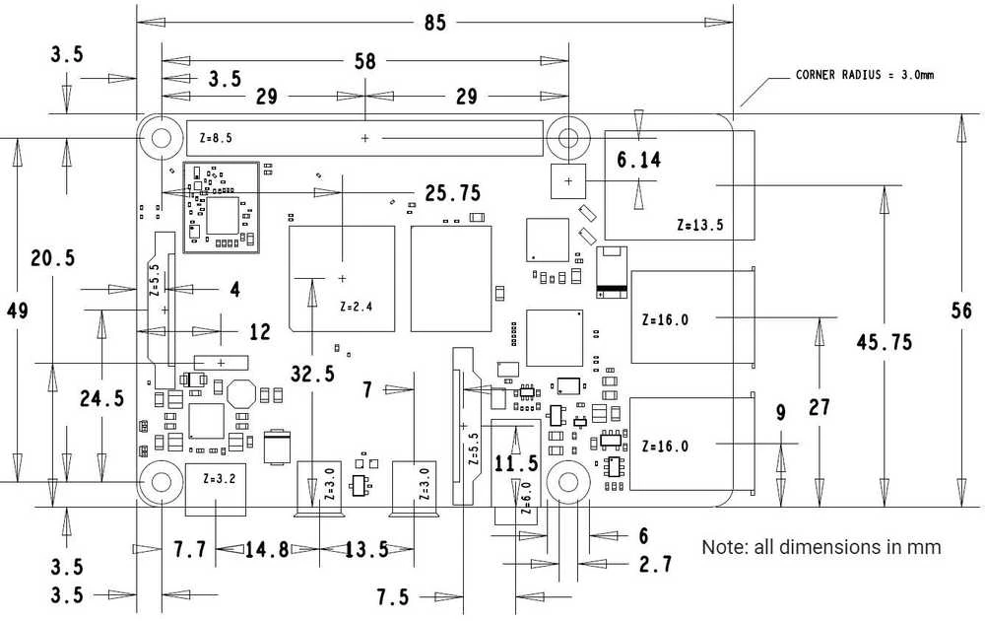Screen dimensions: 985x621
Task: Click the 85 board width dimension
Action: [x=434, y=23]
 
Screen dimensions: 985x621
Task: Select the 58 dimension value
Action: [x=365, y=61]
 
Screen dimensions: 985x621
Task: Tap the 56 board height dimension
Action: [x=961, y=310]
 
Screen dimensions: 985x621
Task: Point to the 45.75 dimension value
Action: [x=884, y=342]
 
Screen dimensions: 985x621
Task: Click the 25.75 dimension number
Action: [x=453, y=193]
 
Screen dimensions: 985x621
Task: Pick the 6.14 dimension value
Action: [x=639, y=161]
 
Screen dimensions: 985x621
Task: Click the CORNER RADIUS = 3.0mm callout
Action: [x=865, y=75]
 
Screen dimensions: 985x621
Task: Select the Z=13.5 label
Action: [x=699, y=225]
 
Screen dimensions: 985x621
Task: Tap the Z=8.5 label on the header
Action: [x=216, y=138]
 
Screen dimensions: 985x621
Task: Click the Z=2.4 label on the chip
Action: [x=357, y=307]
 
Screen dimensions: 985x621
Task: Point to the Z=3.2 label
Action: [x=220, y=478]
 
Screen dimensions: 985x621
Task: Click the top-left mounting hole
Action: [x=162, y=138]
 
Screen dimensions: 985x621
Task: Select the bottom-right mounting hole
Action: [x=568, y=482]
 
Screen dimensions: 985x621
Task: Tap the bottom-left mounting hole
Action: [x=162, y=482]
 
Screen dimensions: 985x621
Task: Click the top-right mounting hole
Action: [x=568, y=138]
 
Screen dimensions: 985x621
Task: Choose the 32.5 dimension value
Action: [x=313, y=375]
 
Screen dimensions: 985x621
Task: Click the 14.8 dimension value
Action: [x=266, y=550]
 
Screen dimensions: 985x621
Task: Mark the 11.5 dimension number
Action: [x=516, y=464]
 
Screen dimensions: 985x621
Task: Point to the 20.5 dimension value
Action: [x=53, y=257]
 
